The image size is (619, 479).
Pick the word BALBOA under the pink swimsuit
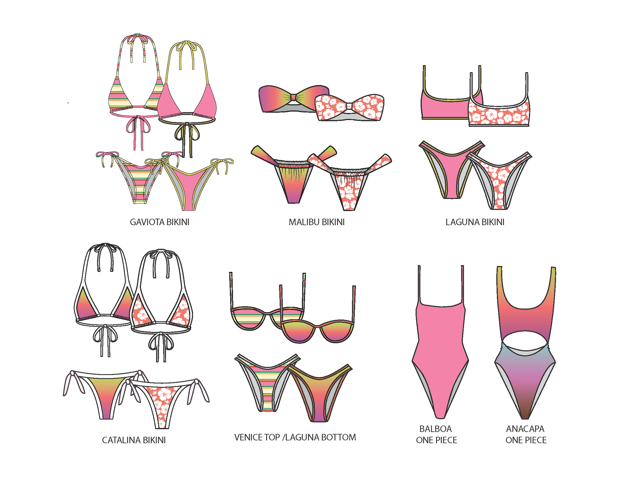coord(436,429)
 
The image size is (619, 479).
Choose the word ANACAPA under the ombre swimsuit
coord(525,429)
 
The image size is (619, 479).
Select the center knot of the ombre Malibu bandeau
coord(293,97)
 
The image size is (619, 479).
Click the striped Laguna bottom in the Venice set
coord(268,387)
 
